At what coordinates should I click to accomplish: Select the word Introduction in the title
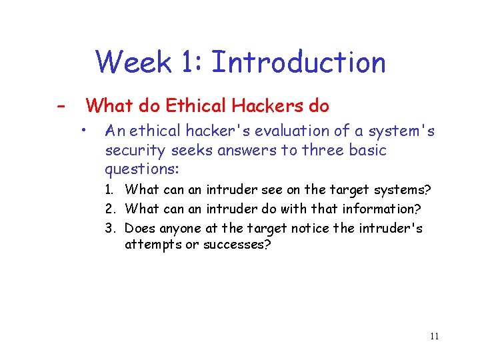coord(298,63)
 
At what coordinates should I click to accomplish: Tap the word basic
coord(366,151)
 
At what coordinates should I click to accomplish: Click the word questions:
coord(141,169)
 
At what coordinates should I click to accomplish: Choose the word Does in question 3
coord(140,229)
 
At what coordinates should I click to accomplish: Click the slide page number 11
coord(434,337)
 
